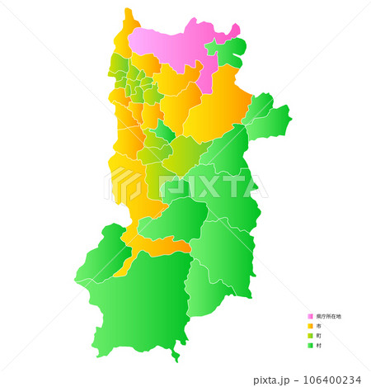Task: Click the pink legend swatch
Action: pos(311,316)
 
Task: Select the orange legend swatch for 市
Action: pos(311,326)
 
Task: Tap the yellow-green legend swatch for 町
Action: pos(311,336)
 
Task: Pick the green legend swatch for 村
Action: pos(311,346)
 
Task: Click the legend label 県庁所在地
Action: pos(328,316)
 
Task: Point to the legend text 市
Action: pos(318,326)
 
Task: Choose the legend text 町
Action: pos(318,336)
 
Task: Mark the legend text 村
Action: pos(318,346)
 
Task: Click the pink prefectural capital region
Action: pos(173,45)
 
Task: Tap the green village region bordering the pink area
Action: pos(229,51)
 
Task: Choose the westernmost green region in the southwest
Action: pos(103,256)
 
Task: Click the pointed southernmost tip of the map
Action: pos(176,361)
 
